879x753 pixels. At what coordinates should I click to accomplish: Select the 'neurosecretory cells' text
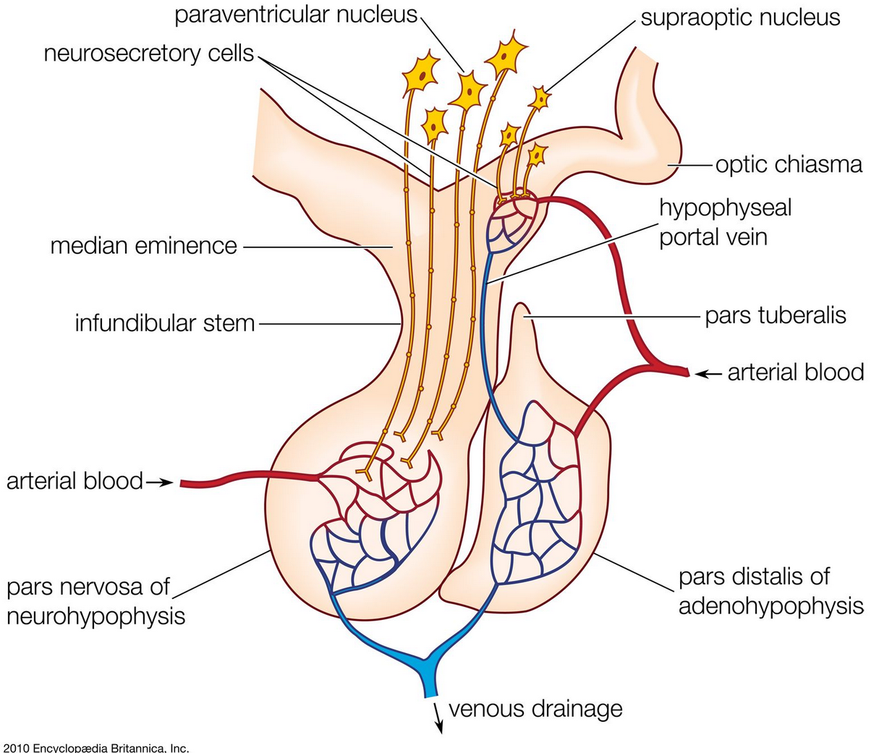149,53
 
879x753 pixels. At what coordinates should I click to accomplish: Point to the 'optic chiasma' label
789,165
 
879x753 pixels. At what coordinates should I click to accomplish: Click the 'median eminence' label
144,246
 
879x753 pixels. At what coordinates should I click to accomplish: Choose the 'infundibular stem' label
165,323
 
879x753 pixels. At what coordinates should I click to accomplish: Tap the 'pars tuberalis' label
776,315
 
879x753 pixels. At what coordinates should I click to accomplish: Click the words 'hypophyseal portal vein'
725,222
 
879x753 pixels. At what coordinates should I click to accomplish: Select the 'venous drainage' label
535,708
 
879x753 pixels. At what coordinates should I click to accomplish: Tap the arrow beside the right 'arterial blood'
709,373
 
